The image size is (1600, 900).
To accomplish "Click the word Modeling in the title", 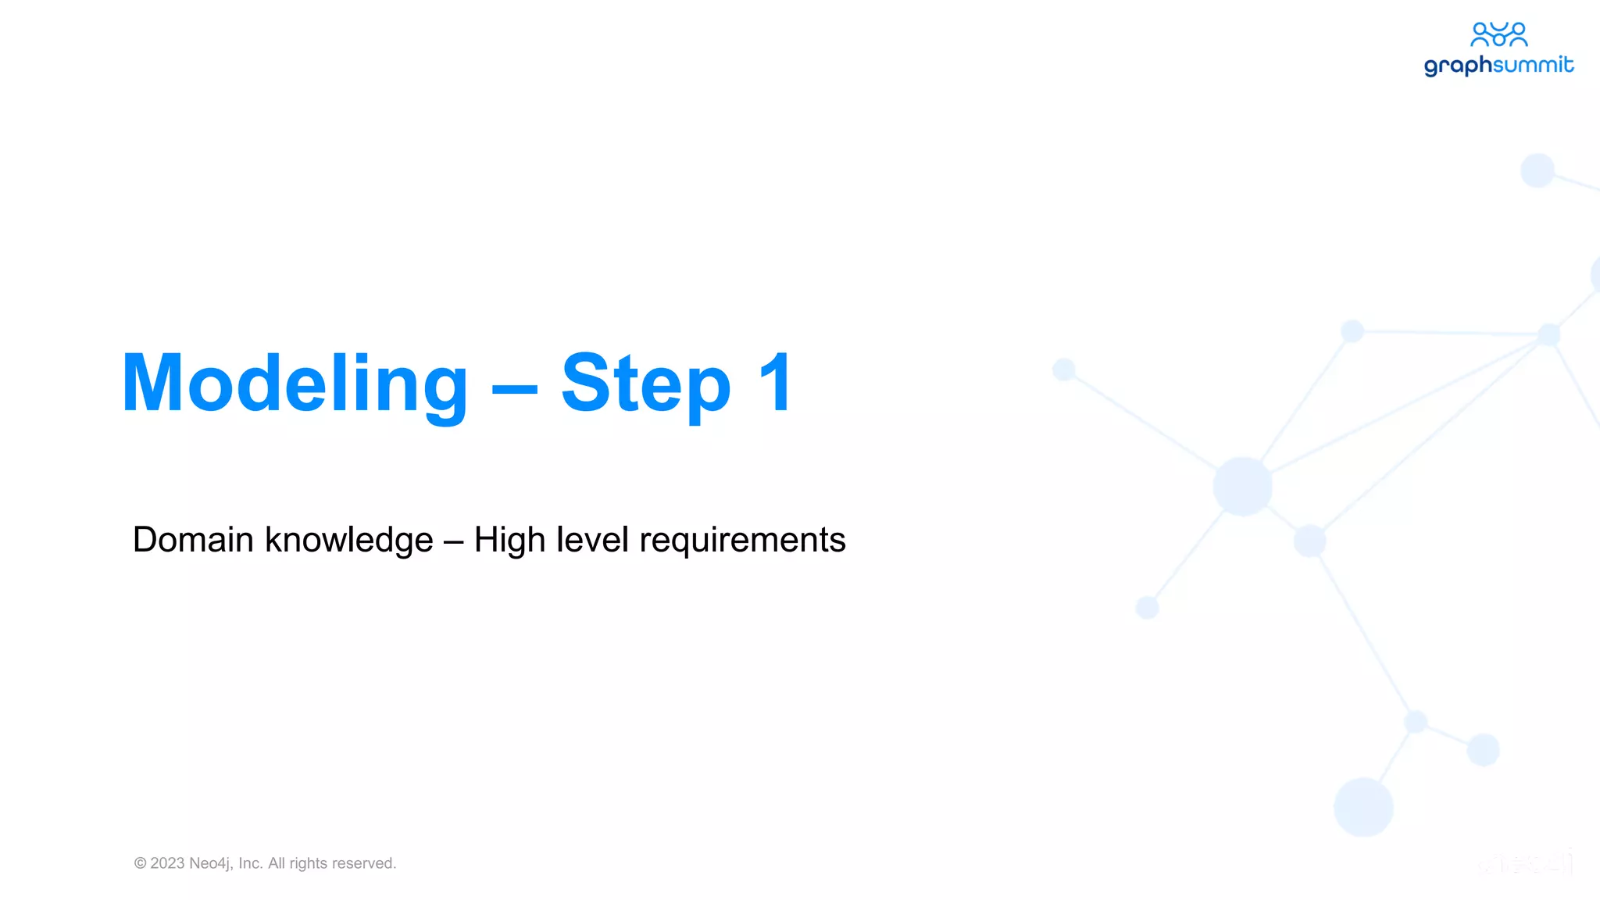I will coord(295,384).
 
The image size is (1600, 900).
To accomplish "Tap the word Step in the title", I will coord(645,384).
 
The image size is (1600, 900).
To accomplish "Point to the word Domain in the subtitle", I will coord(193,540).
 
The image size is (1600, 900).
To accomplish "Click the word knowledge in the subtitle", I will coord(348,540).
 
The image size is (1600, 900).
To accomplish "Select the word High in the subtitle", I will coord(509,540).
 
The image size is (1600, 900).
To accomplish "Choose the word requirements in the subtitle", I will coord(742,541).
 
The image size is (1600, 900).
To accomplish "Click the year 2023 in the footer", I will coord(167,863).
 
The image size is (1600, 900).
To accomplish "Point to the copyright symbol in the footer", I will coord(141,863).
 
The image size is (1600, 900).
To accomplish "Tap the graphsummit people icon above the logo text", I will coord(1498,34).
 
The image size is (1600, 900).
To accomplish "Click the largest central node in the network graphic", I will coord(1242,487).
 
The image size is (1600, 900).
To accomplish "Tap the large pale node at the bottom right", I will coord(1363,807).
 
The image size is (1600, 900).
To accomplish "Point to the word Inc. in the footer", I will coord(251,863).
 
